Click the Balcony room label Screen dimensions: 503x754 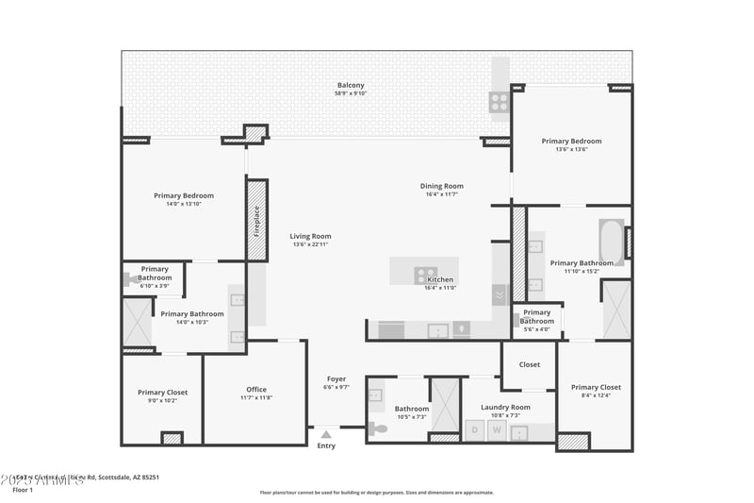(351, 86)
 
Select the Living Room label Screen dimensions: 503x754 (311, 237)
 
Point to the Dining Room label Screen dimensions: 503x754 (441, 186)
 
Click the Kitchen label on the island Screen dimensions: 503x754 (440, 279)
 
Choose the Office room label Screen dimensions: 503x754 (256, 389)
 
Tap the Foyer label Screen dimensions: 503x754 (336, 379)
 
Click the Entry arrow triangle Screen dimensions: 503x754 (326, 434)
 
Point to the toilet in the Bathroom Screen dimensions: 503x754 (377, 428)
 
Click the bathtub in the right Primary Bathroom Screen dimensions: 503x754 (612, 243)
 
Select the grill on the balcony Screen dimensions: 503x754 (499, 101)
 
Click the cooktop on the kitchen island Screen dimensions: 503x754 (425, 275)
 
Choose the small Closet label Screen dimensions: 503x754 (529, 364)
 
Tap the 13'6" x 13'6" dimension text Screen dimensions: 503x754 (571, 149)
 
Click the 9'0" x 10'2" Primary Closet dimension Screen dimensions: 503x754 (163, 400)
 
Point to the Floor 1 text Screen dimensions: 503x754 (23, 490)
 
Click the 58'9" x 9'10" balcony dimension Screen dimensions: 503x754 (351, 94)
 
